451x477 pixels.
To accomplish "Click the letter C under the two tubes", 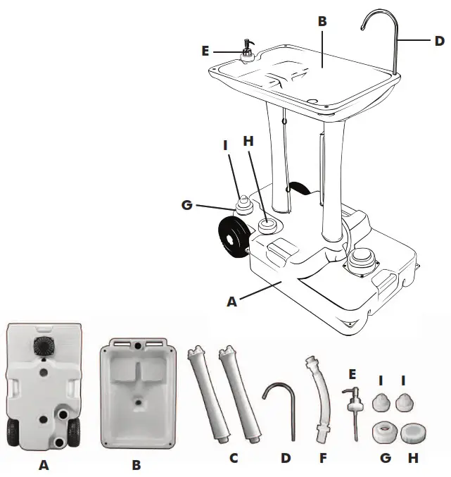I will tap(234, 459).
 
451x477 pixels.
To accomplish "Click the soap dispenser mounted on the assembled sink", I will tap(248, 50).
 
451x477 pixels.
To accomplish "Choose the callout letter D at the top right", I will tap(439, 41).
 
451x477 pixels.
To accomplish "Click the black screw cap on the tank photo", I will tap(44, 343).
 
